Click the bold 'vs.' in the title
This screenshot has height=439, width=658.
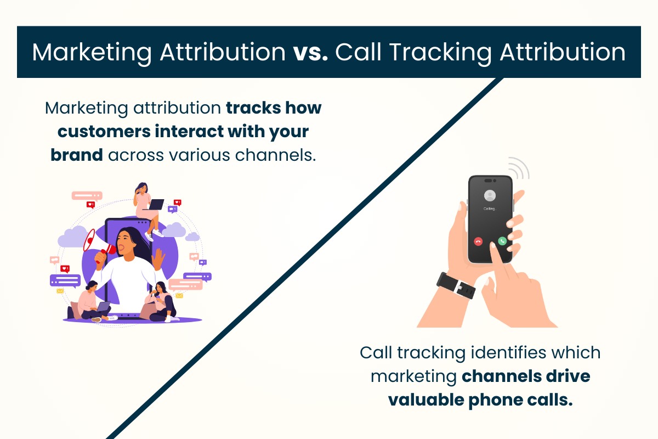click(x=310, y=52)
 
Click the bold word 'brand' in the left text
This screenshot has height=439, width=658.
click(x=77, y=155)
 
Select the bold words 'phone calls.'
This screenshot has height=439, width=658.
click(x=524, y=400)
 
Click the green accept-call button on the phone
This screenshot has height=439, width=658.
click(x=502, y=240)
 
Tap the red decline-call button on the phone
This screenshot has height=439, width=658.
click(x=479, y=240)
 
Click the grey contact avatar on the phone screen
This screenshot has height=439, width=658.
click(x=490, y=195)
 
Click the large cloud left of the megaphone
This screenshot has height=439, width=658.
click(x=71, y=238)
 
